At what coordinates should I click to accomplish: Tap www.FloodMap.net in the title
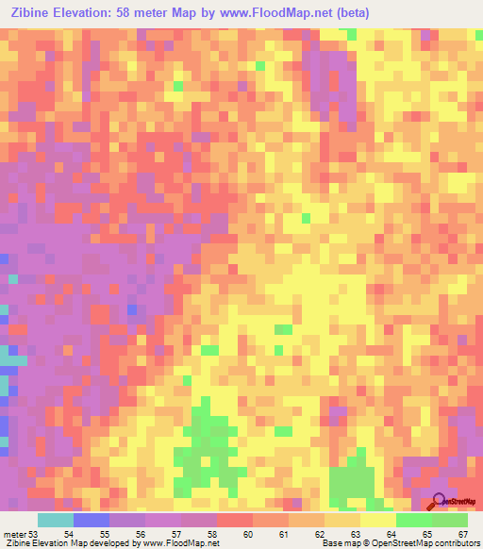(x=283, y=12)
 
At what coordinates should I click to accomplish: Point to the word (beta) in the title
(x=349, y=12)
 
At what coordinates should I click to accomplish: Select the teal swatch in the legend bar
(x=55, y=520)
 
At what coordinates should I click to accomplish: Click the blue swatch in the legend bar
(x=91, y=520)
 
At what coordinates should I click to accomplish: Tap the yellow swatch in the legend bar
(x=377, y=520)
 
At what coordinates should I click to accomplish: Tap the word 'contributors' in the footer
(x=457, y=544)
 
